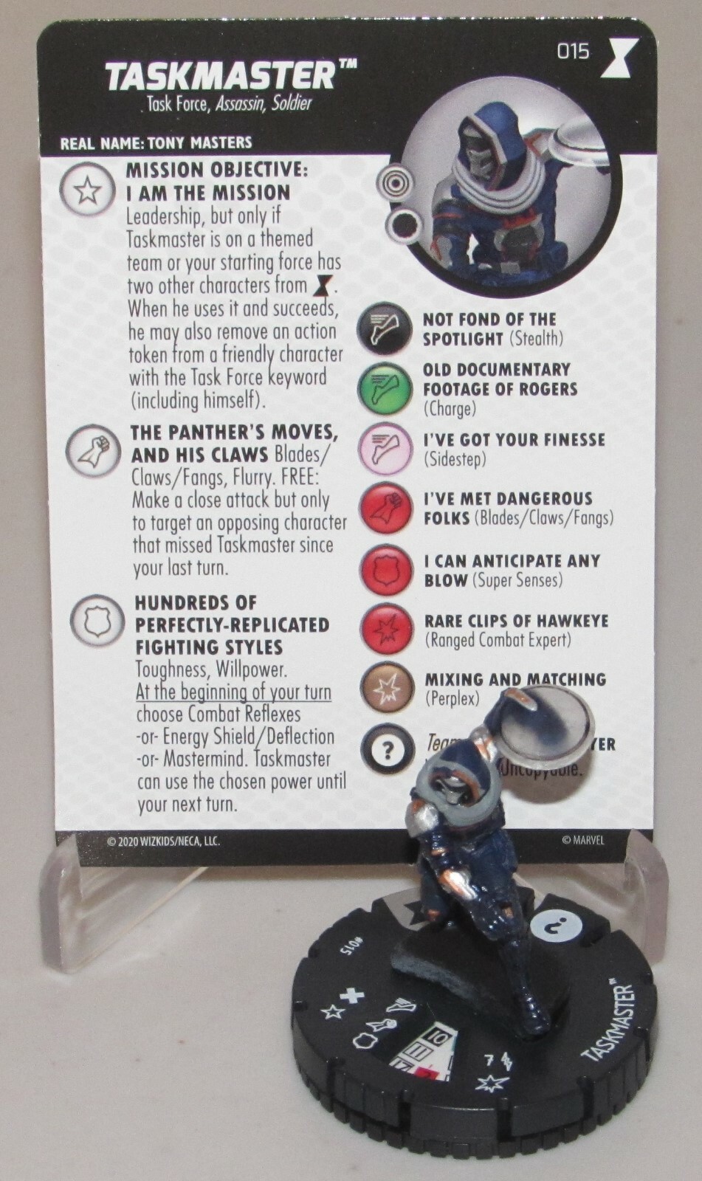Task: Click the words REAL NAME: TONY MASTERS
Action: pos(156,142)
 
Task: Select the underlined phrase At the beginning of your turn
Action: pos(233,692)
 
